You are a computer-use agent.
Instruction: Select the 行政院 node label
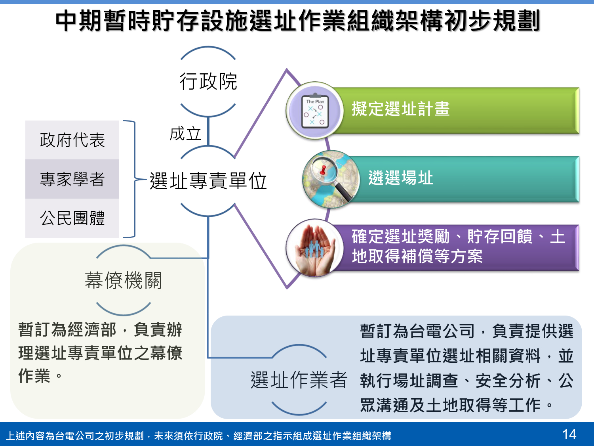[208, 81]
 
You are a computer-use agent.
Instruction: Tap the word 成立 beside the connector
[185, 134]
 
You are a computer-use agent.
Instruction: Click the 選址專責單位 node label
[208, 181]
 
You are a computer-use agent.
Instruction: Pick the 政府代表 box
[72, 140]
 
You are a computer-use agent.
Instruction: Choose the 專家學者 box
[72, 179]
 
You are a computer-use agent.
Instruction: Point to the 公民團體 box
[72, 218]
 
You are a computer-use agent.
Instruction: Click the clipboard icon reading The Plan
[315, 111]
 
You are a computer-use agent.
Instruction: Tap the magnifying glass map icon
[331, 179]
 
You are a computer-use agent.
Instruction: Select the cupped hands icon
[315, 248]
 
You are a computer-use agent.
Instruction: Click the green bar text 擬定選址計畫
[400, 109]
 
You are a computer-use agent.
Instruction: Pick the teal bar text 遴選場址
[400, 178]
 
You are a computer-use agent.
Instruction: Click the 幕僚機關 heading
[123, 280]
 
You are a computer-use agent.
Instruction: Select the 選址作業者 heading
[299, 380]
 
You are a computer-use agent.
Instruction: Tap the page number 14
[569, 435]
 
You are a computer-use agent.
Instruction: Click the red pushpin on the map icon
[323, 170]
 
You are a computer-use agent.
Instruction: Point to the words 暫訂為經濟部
[67, 329]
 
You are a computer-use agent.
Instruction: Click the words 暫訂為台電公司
[417, 331]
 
